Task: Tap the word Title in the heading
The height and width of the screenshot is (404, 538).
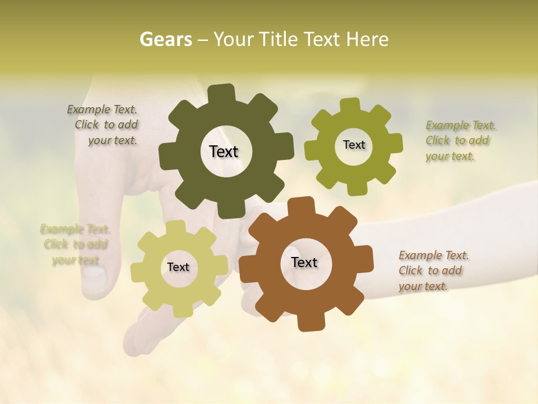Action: coord(280,39)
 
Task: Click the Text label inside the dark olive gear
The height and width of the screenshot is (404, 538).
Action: coord(224,151)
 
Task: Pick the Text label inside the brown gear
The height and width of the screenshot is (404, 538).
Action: coord(304,263)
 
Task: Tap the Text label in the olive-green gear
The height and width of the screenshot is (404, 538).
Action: coord(354,145)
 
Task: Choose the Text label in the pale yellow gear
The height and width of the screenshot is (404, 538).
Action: coord(178,268)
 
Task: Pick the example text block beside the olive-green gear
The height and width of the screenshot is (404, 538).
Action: coord(460,141)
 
